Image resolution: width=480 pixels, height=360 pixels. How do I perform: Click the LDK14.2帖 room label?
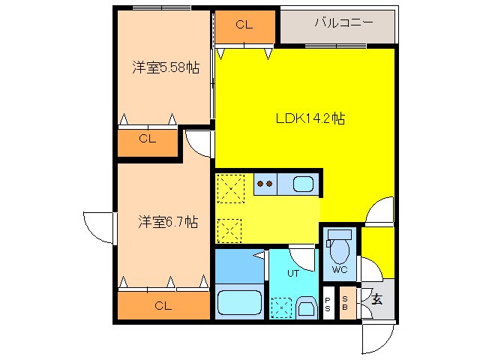310,118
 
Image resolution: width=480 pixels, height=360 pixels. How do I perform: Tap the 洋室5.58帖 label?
166,67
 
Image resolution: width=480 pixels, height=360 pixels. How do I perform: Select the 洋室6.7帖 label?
168,222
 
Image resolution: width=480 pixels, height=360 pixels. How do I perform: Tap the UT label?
292,273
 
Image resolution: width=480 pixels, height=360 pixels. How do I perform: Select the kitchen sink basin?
302,184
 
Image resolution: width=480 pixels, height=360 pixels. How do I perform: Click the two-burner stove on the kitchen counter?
264,182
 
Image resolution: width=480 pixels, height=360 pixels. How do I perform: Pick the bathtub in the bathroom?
238,304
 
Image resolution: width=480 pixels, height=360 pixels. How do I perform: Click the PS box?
328,303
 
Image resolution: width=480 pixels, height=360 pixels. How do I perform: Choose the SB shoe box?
346,303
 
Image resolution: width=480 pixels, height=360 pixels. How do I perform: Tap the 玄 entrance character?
377,299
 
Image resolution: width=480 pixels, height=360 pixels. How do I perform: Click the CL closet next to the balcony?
244,25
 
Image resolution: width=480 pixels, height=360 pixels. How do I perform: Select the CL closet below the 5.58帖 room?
147,139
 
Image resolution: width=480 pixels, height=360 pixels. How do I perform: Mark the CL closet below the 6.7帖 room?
163,305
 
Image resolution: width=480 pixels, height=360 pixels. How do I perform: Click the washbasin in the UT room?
306,307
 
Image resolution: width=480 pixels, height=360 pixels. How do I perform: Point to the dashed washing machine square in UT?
281,307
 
